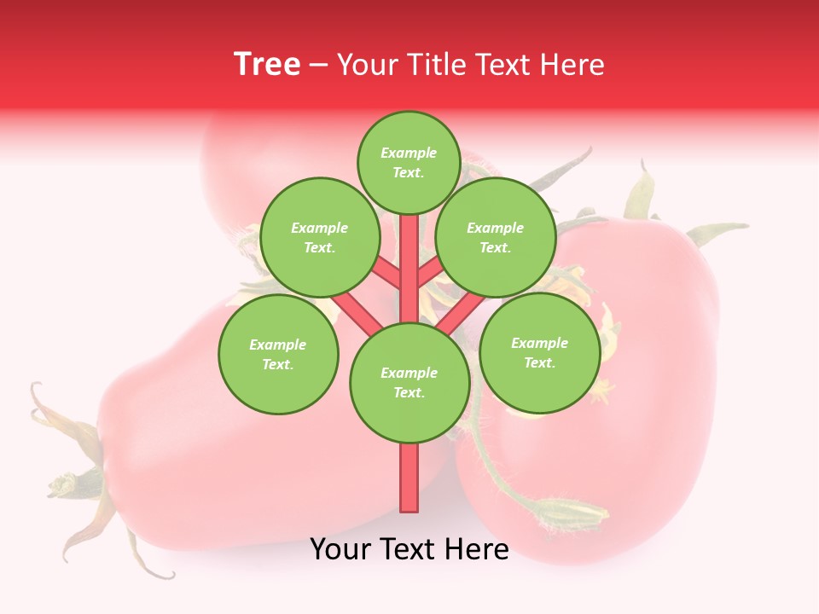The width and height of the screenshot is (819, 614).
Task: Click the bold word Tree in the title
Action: [267, 65]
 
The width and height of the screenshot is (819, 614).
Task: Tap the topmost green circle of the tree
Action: [409, 162]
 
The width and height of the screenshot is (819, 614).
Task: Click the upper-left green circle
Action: [320, 237]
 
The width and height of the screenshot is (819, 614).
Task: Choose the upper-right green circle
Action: [496, 237]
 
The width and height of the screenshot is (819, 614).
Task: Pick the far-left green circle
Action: [278, 354]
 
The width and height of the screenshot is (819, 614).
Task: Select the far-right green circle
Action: [539, 351]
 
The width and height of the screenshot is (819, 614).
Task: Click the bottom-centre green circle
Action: [409, 382]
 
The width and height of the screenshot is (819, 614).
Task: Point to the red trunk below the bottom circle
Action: [409, 478]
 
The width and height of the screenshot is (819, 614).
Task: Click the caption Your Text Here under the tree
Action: [409, 549]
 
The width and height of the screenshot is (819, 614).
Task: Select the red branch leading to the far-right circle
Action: [461, 312]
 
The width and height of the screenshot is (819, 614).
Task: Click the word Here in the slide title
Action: [572, 65]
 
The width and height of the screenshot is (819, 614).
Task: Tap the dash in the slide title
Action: [319, 66]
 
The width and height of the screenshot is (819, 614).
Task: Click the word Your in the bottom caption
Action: [342, 549]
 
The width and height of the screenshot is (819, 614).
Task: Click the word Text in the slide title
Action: [506, 65]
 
